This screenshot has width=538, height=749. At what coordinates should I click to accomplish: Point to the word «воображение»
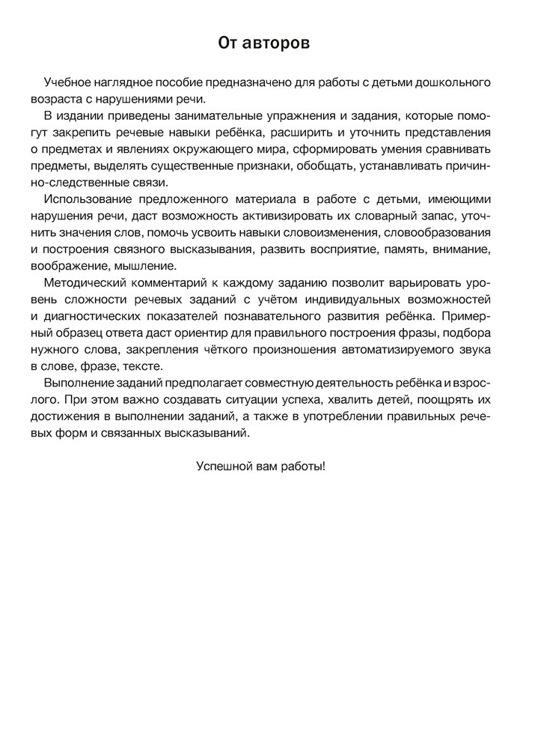(79, 266)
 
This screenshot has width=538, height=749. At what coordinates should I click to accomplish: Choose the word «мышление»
(148, 266)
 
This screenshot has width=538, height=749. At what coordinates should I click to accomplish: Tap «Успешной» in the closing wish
(221, 464)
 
